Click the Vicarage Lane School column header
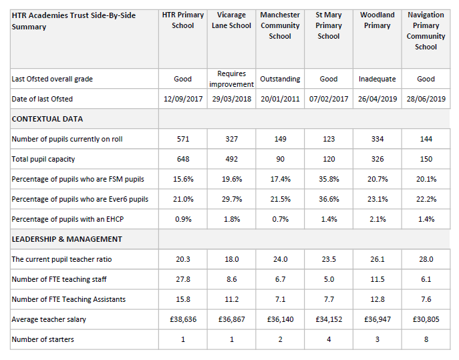(231, 20)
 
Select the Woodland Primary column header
(377, 20)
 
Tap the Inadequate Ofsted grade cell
(377, 79)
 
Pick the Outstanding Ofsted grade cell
(280, 79)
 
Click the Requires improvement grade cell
(231, 79)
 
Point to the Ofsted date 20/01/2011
(280, 99)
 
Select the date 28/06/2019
(426, 99)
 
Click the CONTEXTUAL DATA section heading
(47, 119)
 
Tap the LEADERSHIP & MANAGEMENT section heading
(67, 239)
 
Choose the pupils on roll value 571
(183, 139)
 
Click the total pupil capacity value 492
(231, 159)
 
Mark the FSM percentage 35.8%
(329, 179)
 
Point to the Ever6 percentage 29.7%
(231, 199)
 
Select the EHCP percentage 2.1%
(377, 219)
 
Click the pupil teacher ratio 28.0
(426, 259)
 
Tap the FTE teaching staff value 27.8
(183, 279)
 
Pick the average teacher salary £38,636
(183, 319)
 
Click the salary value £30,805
(426, 319)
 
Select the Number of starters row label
(43, 339)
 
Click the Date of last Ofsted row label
(42, 99)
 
